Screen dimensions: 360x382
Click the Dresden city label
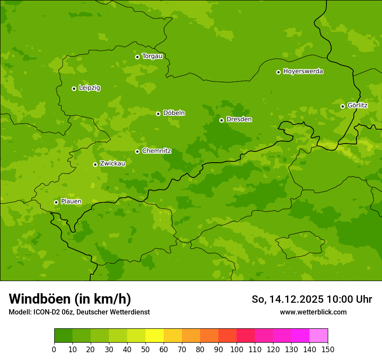click(239, 119)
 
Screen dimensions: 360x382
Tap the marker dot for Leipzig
click(74, 88)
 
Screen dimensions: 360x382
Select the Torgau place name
click(152, 56)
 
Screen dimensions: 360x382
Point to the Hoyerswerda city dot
click(278, 72)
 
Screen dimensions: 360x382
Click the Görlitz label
click(357, 105)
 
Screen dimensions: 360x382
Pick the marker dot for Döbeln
click(158, 114)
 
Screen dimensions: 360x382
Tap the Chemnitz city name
click(156, 151)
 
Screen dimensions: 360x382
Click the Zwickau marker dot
click(95, 164)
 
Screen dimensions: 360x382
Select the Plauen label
click(71, 201)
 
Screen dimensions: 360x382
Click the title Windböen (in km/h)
click(70, 299)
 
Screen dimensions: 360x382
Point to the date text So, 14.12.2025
click(287, 299)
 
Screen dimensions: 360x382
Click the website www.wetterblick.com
click(313, 312)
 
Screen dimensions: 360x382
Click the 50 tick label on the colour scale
click(145, 349)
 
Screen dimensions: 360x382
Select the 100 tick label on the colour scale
click(236, 349)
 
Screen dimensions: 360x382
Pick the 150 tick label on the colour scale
click(327, 349)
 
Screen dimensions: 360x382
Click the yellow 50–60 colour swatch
click(154, 336)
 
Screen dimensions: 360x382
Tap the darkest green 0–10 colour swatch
click(63, 336)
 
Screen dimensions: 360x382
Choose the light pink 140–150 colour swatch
click(319, 336)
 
